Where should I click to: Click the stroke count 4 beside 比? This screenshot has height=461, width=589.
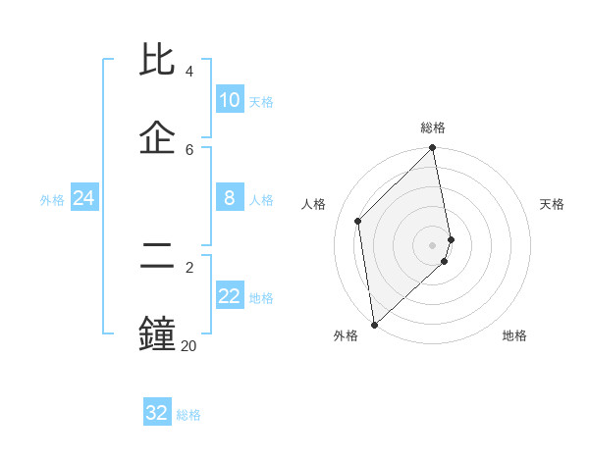click(189, 72)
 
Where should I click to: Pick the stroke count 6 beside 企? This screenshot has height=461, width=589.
click(189, 149)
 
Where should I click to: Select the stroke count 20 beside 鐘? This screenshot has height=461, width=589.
click(188, 345)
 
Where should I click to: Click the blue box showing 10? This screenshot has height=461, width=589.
click(230, 100)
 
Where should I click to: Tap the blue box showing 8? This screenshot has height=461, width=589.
click(230, 198)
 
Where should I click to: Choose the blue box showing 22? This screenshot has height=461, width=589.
click(230, 296)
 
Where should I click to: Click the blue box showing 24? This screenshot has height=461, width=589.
click(84, 198)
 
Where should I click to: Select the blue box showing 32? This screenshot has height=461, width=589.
click(157, 413)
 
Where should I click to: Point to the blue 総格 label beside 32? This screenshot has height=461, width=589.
click(188, 415)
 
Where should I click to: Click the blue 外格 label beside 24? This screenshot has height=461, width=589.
click(52, 200)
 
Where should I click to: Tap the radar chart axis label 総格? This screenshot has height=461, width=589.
click(433, 128)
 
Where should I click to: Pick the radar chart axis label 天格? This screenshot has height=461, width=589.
click(552, 204)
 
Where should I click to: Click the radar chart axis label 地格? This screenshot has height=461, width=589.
click(514, 335)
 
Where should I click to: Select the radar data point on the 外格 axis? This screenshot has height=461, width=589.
click(373, 325)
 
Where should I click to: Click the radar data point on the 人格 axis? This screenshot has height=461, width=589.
click(358, 221)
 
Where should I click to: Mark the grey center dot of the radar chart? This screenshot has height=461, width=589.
click(433, 244)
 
